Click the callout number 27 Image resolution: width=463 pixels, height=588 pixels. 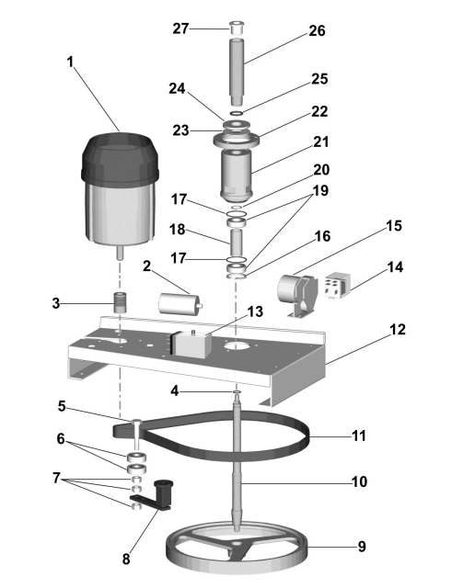click(x=180, y=28)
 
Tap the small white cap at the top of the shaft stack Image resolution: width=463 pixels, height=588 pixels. click(x=236, y=28)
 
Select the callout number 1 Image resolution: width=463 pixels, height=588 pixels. click(x=70, y=62)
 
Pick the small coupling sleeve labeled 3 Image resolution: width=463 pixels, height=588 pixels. click(x=120, y=302)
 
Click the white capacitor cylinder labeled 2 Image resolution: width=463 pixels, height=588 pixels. click(x=179, y=304)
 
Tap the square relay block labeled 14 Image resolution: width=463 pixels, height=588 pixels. click(x=338, y=285)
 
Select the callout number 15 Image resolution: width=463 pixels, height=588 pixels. click(x=394, y=226)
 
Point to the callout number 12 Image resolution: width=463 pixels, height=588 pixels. click(x=398, y=330)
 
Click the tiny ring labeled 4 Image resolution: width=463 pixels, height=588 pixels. click(x=237, y=392)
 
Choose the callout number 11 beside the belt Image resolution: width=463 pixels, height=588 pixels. click(x=359, y=436)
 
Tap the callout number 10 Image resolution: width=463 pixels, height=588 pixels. click(x=359, y=481)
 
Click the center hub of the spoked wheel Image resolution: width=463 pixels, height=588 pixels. click(x=237, y=543)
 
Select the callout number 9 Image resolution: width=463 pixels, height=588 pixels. click(x=362, y=547)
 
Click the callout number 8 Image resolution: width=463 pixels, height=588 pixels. click(x=126, y=560)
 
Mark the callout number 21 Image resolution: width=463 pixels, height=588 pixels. click(x=320, y=142)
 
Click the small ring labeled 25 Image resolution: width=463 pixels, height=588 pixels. click(x=237, y=112)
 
